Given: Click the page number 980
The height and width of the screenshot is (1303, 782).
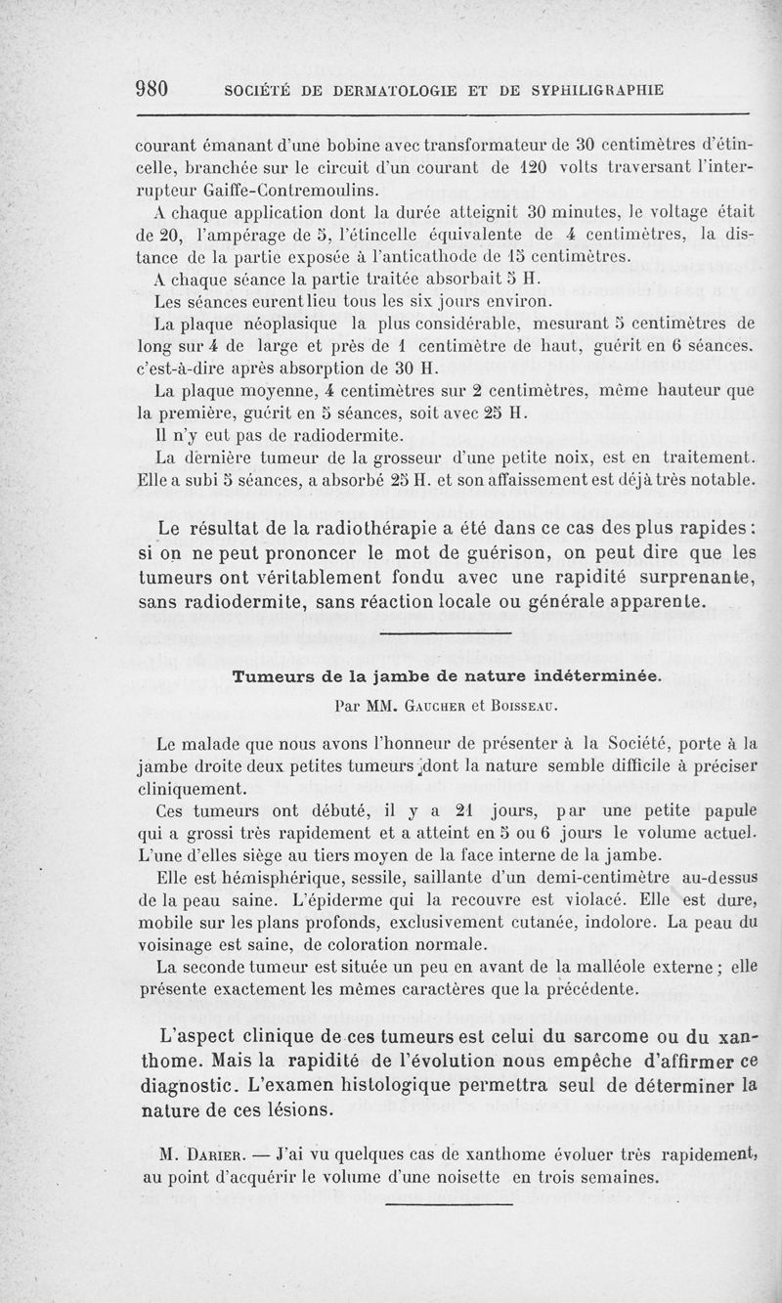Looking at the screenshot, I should pos(152,89).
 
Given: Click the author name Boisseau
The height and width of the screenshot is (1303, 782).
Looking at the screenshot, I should pos(532,703).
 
